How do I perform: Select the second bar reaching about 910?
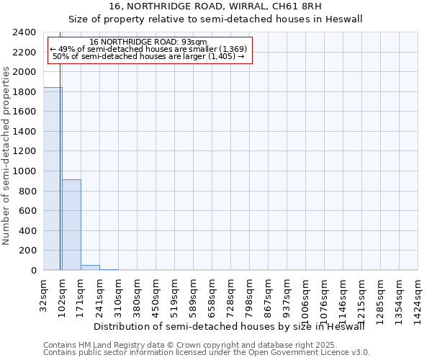pyautogui.click(x=71, y=225)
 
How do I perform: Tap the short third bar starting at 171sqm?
pyautogui.click(x=90, y=268)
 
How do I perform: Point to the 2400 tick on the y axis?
pyautogui.click(x=25, y=33)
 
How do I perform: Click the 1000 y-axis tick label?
pyautogui.click(x=25, y=171)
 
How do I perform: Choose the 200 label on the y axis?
pyautogui.click(x=28, y=251)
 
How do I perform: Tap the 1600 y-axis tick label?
pyautogui.click(x=25, y=112)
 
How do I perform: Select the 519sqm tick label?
pyautogui.click(x=175, y=294)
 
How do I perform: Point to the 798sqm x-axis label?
pyautogui.click(x=250, y=294)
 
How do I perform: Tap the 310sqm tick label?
pyautogui.click(x=119, y=294)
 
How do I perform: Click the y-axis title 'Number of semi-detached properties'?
pyautogui.click(x=7, y=156)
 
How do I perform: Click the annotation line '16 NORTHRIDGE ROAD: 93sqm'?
pyautogui.click(x=149, y=42)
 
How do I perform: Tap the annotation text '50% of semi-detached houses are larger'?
pyautogui.click(x=149, y=56)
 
